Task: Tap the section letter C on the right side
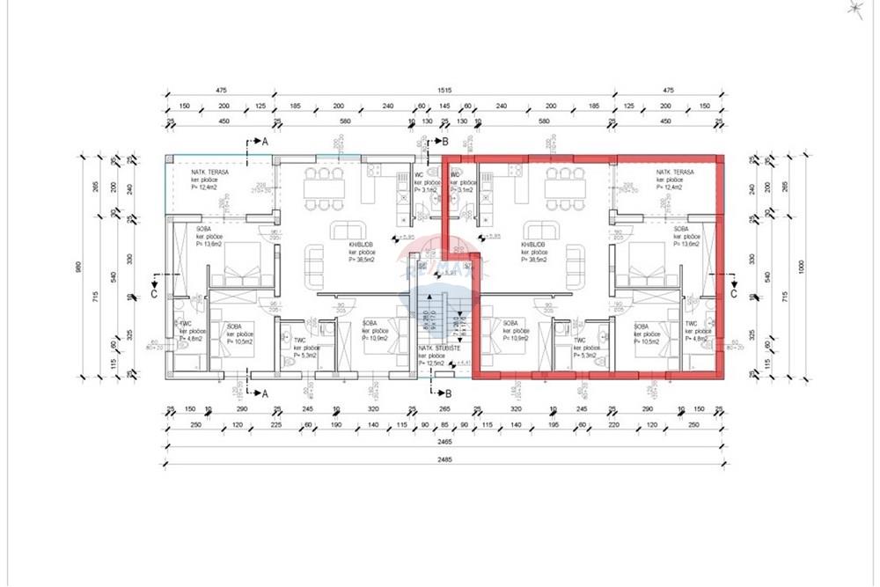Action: [x=733, y=295]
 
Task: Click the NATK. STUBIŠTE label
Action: [x=435, y=354]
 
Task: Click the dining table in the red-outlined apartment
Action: [x=562, y=188]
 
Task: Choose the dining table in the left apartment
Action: [x=324, y=188]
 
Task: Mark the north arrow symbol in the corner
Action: [x=854, y=10]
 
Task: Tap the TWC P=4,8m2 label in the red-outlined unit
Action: [x=698, y=330]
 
